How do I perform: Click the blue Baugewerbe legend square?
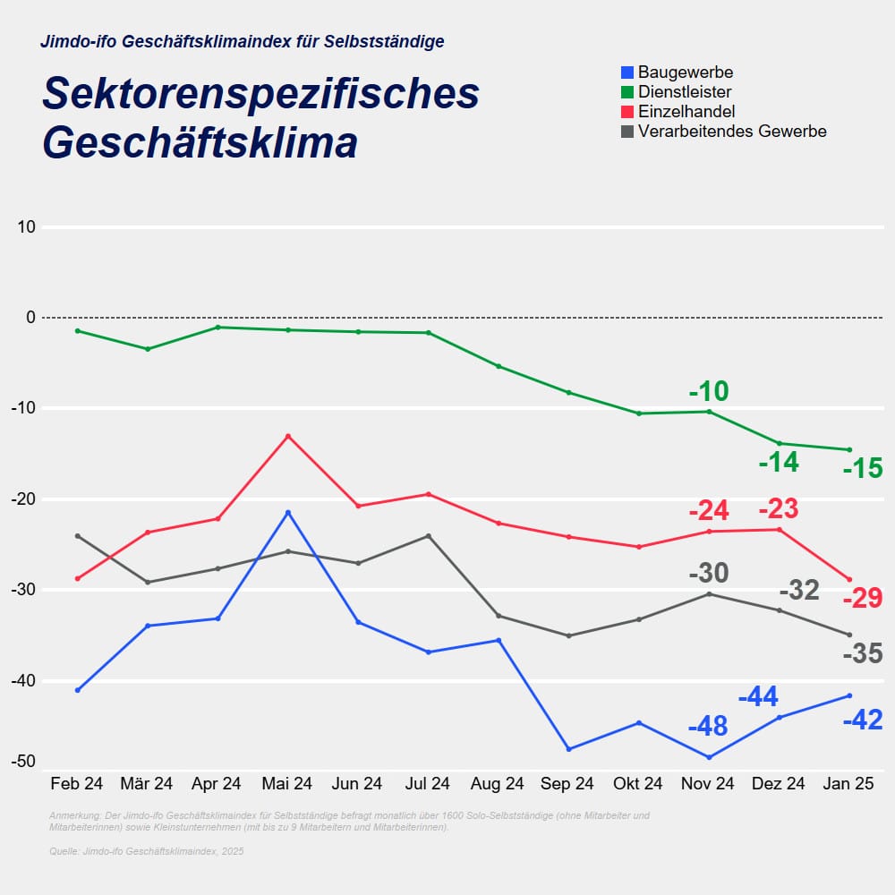627,72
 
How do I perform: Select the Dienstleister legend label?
685,92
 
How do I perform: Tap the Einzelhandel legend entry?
686,112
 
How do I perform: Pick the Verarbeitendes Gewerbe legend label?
732,132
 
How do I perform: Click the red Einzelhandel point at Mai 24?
288,436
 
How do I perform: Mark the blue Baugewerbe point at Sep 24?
568,749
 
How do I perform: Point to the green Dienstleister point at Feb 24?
78,331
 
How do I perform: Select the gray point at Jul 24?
428,536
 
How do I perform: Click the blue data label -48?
708,726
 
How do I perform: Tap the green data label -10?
709,391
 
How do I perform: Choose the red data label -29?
863,598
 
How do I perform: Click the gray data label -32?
799,591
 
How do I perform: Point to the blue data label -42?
863,720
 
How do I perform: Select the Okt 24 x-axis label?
638,784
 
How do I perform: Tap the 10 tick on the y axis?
26,227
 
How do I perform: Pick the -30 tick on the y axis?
24,590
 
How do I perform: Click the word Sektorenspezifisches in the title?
260,95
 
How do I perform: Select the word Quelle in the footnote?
64,851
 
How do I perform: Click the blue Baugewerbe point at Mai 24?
288,512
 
